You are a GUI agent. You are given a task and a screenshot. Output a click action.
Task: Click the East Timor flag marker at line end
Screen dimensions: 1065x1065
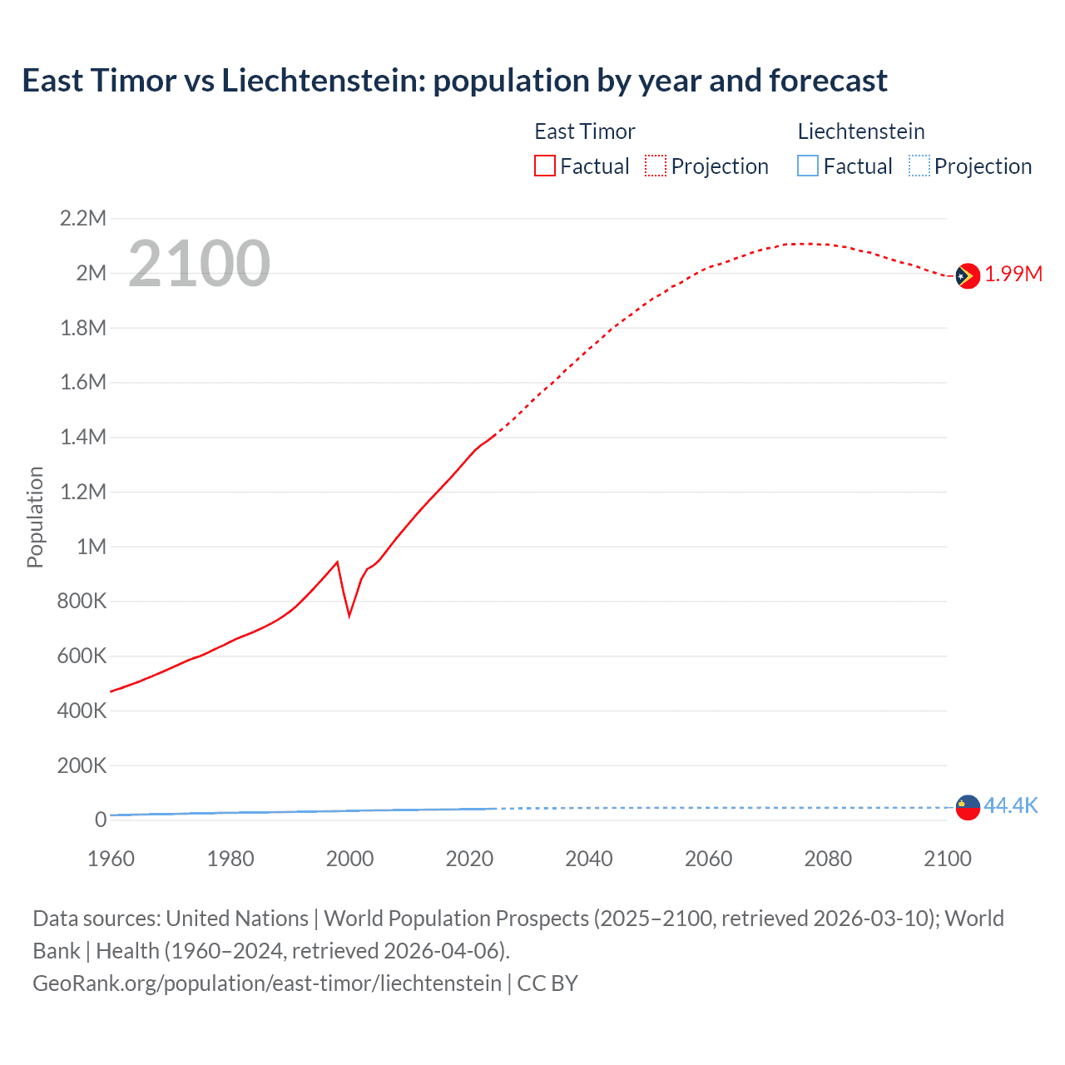967,275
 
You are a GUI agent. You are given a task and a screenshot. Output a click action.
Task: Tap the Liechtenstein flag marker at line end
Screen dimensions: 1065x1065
967,807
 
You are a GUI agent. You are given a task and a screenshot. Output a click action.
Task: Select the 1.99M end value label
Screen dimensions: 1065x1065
1013,275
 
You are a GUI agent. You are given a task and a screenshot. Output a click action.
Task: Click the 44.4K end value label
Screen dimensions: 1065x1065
1011,805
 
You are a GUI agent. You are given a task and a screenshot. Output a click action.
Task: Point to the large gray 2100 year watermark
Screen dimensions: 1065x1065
199,264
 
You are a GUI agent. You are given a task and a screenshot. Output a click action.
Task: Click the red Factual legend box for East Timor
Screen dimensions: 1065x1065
544,166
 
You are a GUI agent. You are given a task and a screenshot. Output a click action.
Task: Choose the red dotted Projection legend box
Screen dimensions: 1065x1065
656,166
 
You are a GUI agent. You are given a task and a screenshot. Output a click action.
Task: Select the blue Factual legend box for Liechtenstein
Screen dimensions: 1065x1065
808,166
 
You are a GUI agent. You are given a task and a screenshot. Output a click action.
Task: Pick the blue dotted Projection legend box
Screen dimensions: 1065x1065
919,166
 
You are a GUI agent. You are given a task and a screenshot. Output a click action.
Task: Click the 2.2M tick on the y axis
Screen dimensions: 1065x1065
83,219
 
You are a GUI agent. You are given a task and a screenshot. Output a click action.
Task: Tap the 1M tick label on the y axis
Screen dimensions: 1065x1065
92,547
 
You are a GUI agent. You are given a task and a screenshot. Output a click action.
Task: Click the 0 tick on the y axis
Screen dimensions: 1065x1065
101,820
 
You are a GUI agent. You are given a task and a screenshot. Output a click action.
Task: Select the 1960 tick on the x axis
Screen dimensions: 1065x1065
111,859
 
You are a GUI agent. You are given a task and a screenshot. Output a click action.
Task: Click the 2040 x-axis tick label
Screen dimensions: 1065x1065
589,859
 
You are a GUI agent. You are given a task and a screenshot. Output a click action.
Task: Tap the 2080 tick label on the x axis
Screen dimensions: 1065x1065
828,859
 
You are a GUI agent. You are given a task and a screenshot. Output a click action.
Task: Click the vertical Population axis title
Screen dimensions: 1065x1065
35,517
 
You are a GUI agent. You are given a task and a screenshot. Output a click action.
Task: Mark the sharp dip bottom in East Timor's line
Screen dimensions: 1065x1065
349,616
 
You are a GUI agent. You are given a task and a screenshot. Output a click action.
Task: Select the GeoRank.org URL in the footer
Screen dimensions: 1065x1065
267,983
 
